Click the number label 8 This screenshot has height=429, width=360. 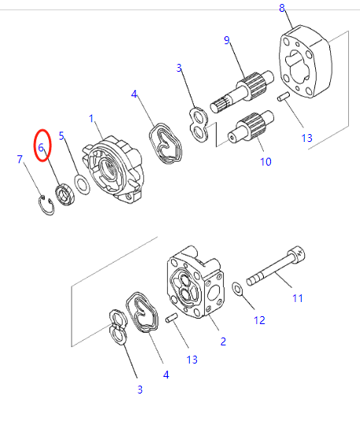pos(282,9)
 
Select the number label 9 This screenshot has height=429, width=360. pos(227,40)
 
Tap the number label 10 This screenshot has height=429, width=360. pos(265,162)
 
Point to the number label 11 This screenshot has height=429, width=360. pos(297,297)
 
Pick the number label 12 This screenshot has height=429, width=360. pos(259,320)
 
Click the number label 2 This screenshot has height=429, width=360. pos(223,341)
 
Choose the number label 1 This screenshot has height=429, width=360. pos(91,119)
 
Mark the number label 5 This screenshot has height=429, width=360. pos(62,136)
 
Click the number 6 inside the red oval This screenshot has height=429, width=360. pos(41,147)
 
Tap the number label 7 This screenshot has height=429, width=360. pos(20,160)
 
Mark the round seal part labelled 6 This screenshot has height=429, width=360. pos(65,194)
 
